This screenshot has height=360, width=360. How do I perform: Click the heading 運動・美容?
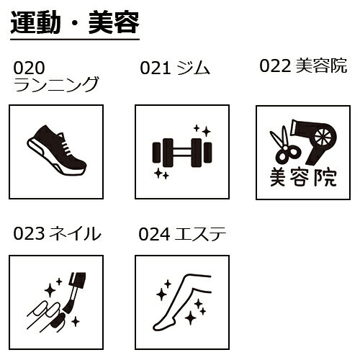74,24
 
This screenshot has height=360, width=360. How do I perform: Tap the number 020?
30,68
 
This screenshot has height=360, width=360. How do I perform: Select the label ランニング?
55,86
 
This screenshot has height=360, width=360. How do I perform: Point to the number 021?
154,68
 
